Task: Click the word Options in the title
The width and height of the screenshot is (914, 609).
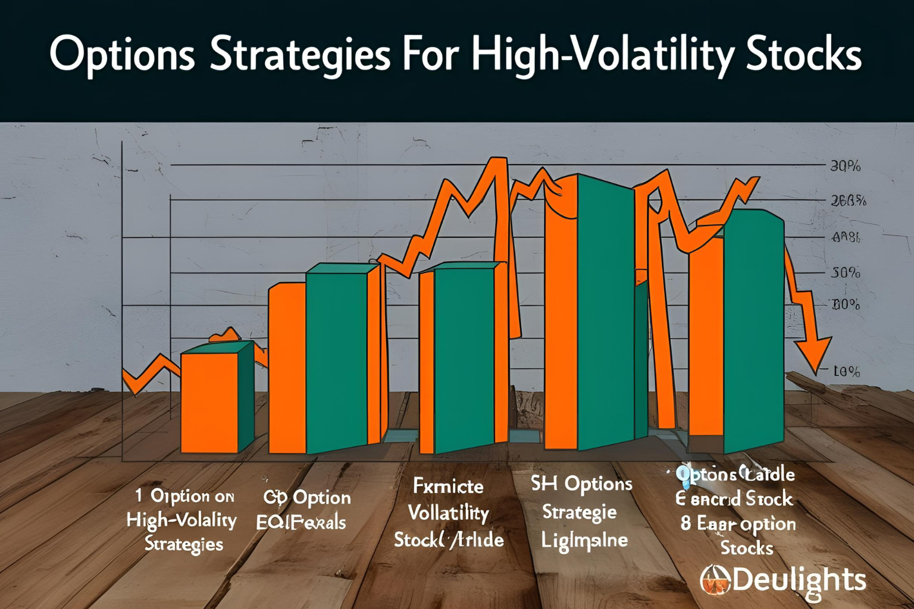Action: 122,55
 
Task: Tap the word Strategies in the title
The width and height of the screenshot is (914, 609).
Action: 301,55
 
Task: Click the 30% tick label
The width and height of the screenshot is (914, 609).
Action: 845,167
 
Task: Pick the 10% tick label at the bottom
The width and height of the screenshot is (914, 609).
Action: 846,372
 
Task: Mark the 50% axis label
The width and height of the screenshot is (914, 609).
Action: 846,273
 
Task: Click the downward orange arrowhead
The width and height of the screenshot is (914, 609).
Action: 814,354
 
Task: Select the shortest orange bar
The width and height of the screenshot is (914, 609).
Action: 209,402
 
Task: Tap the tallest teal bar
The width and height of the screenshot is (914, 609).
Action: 605,312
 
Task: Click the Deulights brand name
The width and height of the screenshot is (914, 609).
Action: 799,580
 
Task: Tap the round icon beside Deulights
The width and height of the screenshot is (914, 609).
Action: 715,580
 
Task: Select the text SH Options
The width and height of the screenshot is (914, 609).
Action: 581,484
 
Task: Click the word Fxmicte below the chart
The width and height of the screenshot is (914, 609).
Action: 448,486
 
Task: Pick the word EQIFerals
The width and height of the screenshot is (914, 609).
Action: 301,523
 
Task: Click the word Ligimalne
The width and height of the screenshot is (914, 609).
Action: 584,541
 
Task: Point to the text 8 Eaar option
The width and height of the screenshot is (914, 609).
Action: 738,524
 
